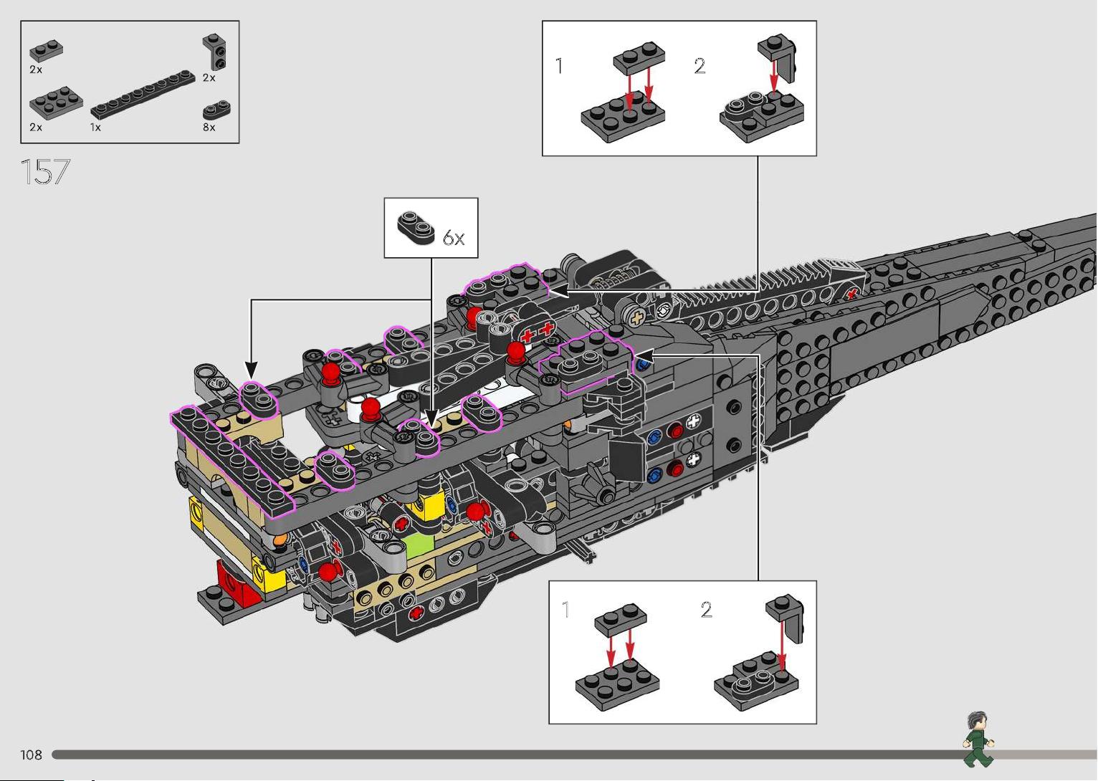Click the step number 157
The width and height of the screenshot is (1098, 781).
pyautogui.click(x=45, y=172)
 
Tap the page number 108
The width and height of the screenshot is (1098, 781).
pyautogui.click(x=31, y=755)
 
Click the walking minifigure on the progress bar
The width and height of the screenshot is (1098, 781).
pyautogui.click(x=978, y=739)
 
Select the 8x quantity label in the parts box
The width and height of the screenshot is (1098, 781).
pyautogui.click(x=209, y=128)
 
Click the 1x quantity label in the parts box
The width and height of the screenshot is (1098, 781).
pyautogui.click(x=95, y=128)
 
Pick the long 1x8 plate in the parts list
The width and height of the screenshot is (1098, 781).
pyautogui.click(x=143, y=95)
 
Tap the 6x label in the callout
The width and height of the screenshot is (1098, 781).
pyautogui.click(x=454, y=238)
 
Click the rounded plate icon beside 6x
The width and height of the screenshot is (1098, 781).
pyautogui.click(x=416, y=227)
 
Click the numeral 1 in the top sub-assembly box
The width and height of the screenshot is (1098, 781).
pyautogui.click(x=559, y=66)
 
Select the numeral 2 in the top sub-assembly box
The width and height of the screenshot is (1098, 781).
pyautogui.click(x=700, y=66)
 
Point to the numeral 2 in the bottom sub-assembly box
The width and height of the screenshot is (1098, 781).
pyautogui.click(x=706, y=610)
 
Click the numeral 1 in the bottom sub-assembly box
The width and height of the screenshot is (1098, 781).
pyautogui.click(x=565, y=610)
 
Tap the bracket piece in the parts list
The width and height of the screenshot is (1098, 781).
pyautogui.click(x=215, y=52)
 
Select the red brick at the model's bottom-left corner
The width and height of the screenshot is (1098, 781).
pyautogui.click(x=235, y=583)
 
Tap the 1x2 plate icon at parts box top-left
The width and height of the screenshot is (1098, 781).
pyautogui.click(x=46, y=50)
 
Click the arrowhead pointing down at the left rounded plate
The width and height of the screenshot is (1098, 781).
pyautogui.click(x=251, y=370)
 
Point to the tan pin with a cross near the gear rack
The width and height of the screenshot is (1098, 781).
pyautogui.click(x=636, y=318)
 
